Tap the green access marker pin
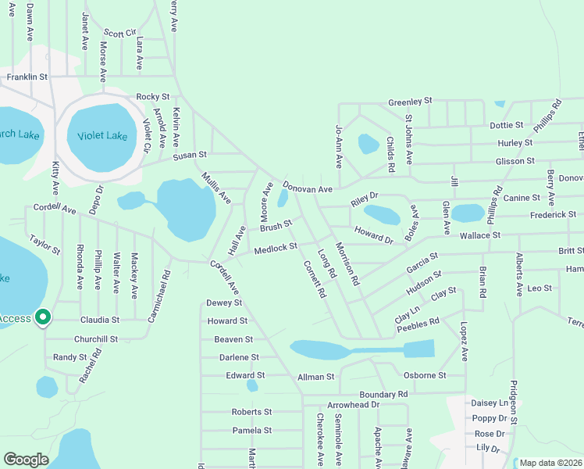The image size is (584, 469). [x=44, y=317]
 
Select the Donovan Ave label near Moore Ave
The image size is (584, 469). [x=308, y=188]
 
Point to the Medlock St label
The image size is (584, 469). [x=276, y=248]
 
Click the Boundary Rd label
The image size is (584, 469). [x=383, y=395]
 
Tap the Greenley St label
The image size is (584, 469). [x=410, y=102]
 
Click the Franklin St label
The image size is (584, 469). [x=27, y=77]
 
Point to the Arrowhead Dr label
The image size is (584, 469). [x=353, y=405]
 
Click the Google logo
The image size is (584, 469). [x=26, y=460]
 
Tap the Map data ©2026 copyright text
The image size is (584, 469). [x=550, y=463]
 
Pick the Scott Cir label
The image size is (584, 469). [x=119, y=34]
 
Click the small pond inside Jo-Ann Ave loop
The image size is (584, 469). [x=368, y=144]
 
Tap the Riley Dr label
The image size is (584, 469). [x=364, y=199]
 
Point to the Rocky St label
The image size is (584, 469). [x=152, y=97]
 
